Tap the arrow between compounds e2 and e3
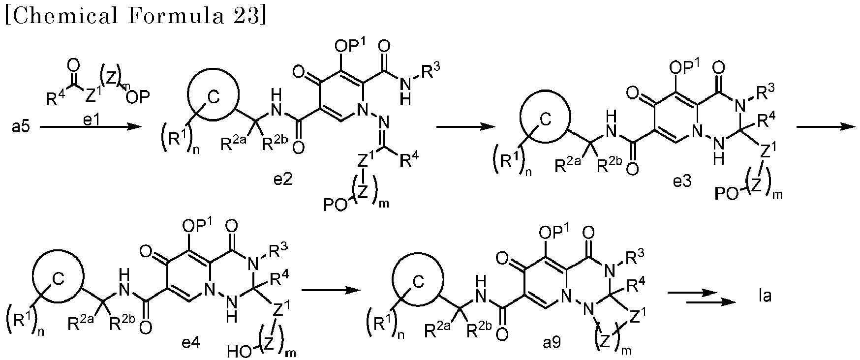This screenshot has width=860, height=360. pos(465,127)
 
